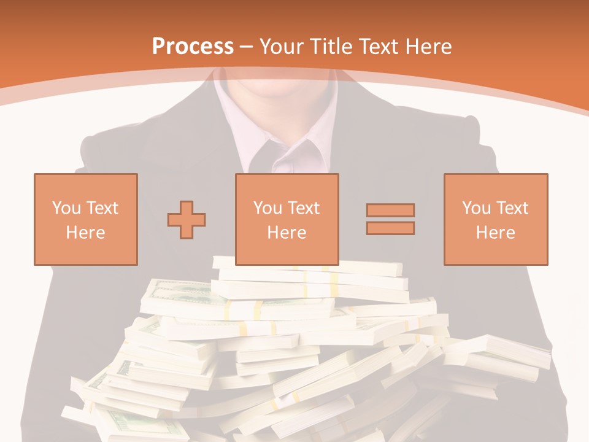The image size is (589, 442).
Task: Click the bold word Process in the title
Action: point(193,46)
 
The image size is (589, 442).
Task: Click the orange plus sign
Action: point(187,220)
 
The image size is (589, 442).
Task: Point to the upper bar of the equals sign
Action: point(390,210)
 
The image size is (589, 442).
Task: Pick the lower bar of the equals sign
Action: point(390,228)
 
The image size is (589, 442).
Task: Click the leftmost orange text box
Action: point(85,219)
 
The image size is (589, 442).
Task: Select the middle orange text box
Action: point(287,219)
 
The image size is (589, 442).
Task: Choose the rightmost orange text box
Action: point(495,219)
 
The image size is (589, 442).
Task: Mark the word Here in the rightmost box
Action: point(495,233)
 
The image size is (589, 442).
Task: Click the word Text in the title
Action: point(379,47)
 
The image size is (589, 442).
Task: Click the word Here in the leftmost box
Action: point(85,233)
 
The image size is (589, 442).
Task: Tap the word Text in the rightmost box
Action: point(512,208)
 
